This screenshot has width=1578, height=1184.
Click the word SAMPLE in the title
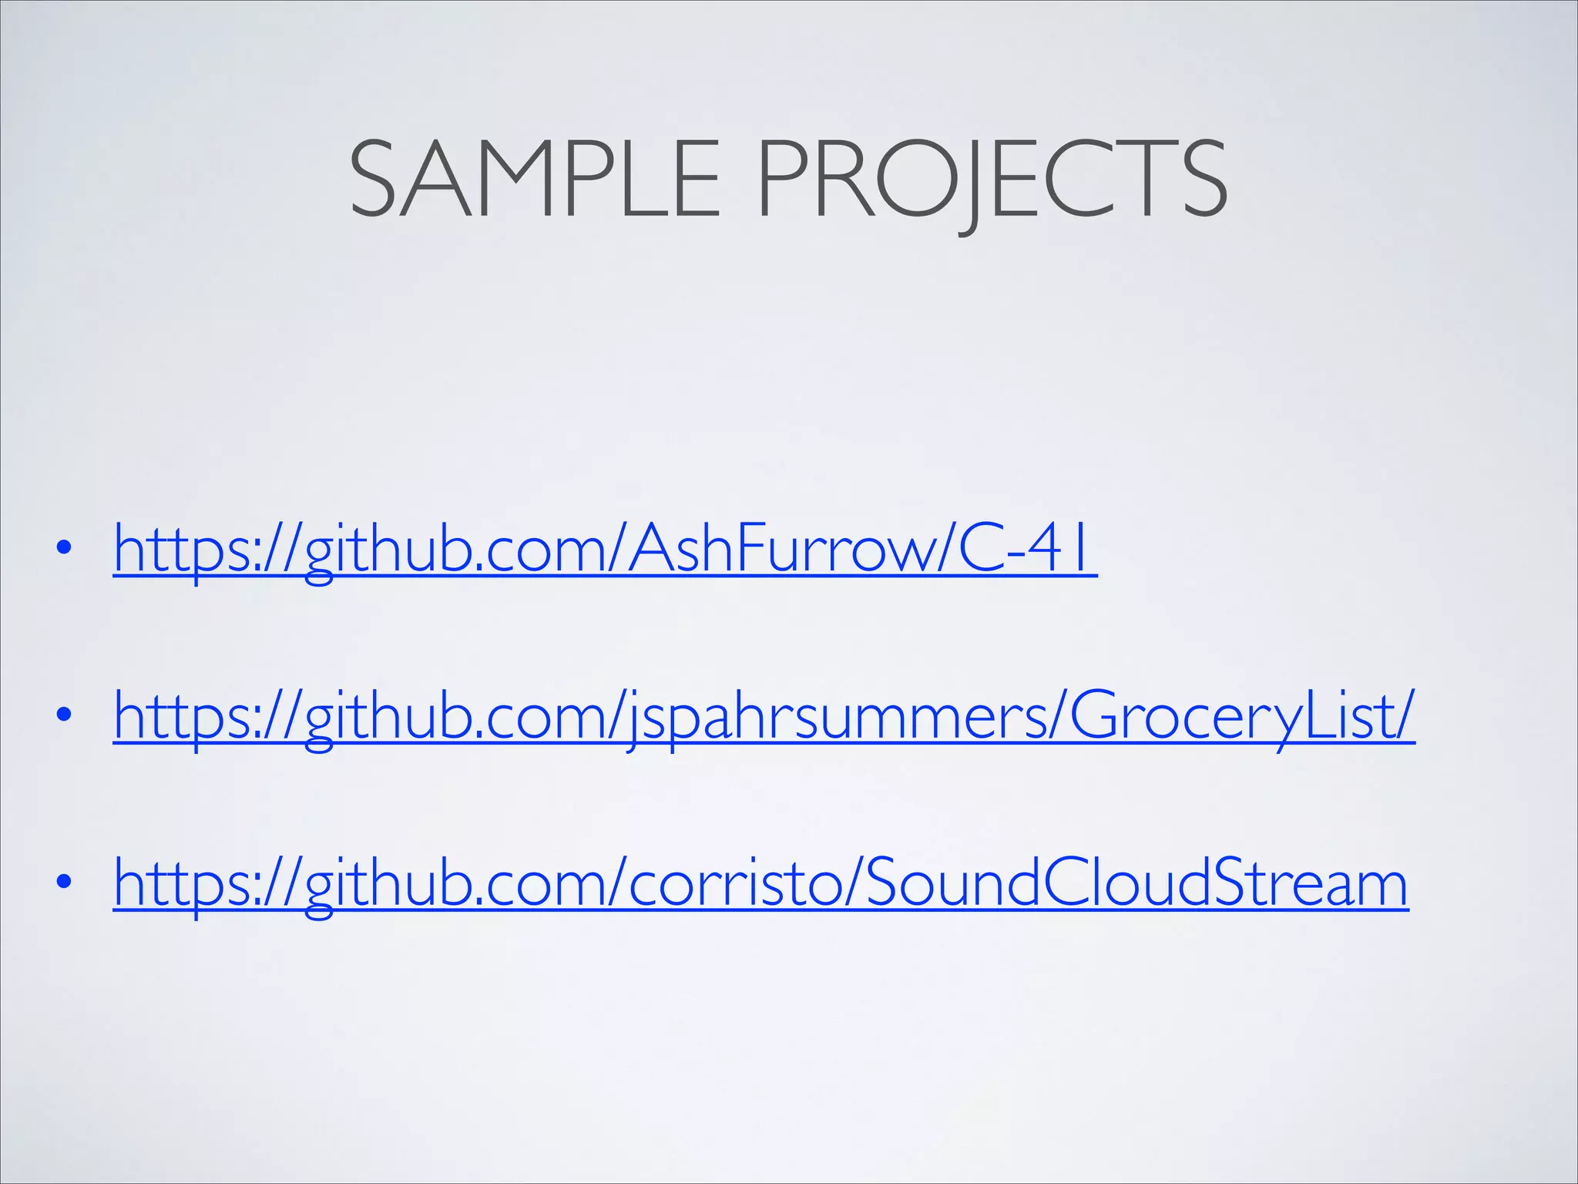coord(534,179)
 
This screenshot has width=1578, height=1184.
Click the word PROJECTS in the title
coord(992,179)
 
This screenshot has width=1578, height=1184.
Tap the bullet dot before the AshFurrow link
coord(64,548)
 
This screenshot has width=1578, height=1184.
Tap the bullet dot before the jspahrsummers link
coord(64,715)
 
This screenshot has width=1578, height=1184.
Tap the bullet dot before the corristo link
coord(64,882)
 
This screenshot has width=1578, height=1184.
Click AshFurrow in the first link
coord(779,548)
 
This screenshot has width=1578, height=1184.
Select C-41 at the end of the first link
coord(1025,548)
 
